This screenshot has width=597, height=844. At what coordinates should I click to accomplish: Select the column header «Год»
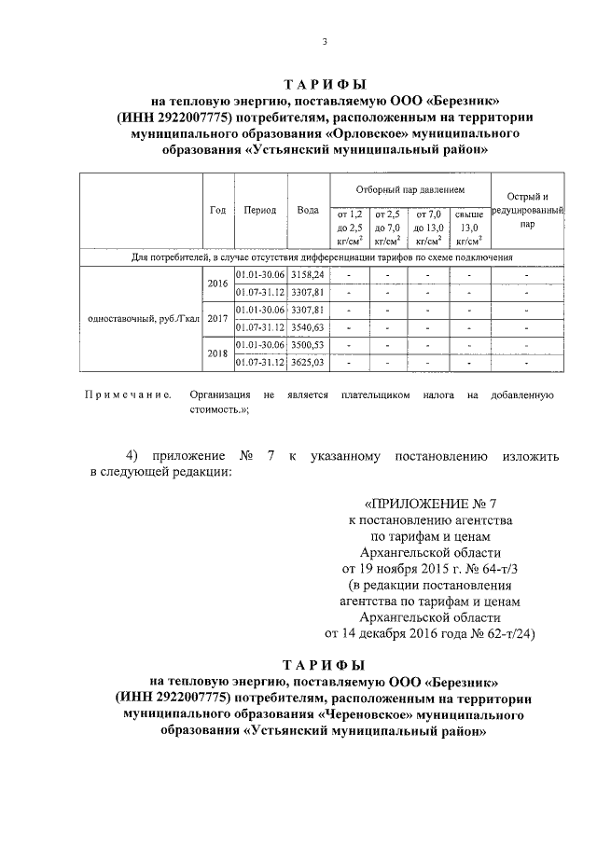(217, 210)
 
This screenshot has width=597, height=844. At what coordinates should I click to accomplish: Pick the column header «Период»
(259, 210)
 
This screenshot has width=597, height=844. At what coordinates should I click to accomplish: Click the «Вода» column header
(307, 210)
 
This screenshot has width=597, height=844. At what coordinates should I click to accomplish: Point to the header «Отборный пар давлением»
(410, 189)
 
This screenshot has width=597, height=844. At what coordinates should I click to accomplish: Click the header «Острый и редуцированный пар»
(527, 210)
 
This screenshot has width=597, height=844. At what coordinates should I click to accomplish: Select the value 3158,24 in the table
(307, 275)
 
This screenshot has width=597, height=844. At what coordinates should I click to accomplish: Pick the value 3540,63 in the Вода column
(307, 326)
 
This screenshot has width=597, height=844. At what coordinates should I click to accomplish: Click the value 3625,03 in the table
(307, 362)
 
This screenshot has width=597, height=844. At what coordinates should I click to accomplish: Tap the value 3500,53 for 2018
(307, 344)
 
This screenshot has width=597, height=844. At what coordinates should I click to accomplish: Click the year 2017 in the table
(217, 318)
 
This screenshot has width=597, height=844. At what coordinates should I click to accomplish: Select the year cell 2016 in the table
(217, 284)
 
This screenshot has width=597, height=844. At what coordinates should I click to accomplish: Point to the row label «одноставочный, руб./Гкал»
(143, 318)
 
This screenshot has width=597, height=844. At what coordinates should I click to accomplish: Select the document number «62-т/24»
(504, 634)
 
